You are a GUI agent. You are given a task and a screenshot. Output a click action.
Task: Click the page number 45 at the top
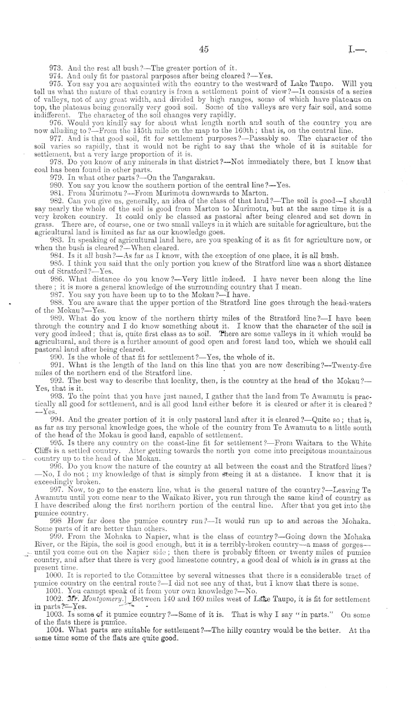point(204,51)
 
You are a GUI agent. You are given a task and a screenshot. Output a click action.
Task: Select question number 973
point(57,69)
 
